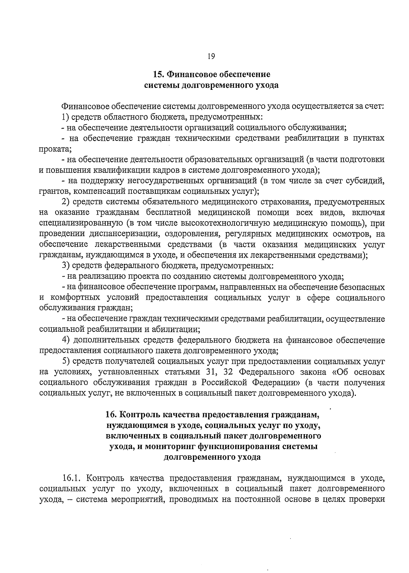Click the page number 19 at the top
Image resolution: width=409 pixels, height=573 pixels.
pos(210,56)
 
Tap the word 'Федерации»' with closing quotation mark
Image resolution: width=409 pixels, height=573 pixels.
pos(278,383)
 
